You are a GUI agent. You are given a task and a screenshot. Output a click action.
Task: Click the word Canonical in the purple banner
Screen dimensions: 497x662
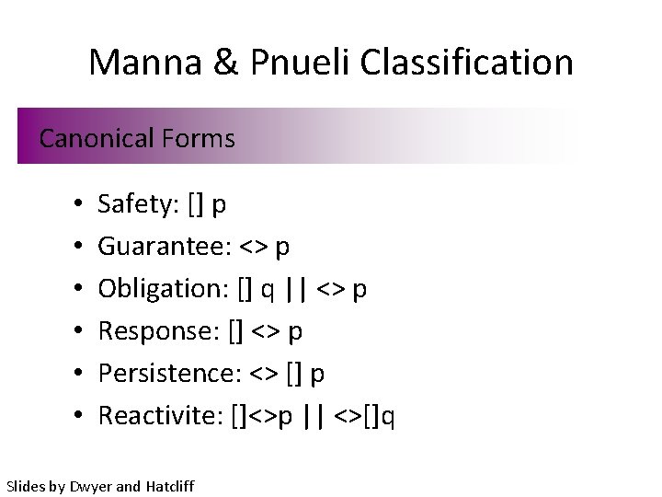pyautogui.click(x=97, y=139)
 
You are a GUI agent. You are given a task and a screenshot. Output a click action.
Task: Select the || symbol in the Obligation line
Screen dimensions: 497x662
pyautogui.click(x=296, y=288)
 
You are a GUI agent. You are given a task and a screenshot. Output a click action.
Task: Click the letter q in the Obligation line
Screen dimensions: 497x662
pyautogui.click(x=266, y=291)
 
